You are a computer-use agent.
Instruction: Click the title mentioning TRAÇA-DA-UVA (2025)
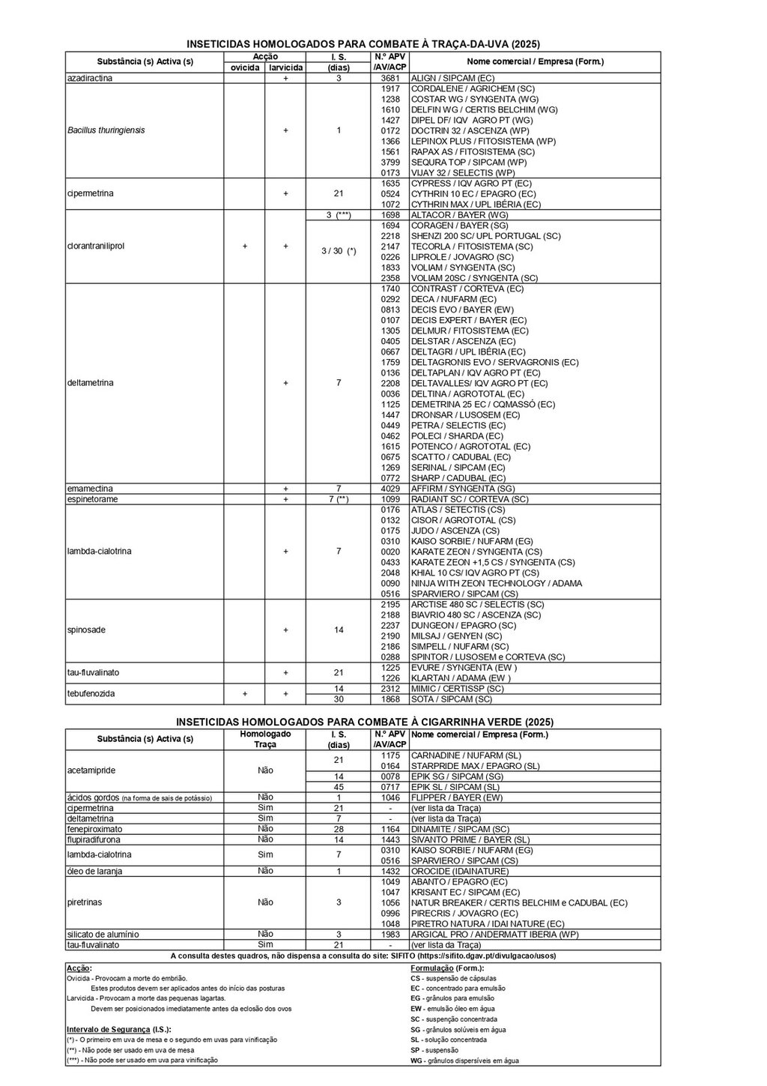point(363,44)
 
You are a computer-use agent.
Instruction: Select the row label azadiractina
point(90,78)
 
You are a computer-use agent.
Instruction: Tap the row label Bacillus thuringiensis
point(106,130)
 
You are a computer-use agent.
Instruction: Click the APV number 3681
point(390,78)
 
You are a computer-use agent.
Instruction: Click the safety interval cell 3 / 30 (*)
point(339,251)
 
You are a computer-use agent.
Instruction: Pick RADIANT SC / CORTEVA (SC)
point(470,499)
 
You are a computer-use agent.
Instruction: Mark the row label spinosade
point(86,630)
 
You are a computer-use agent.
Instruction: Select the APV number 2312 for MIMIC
point(390,688)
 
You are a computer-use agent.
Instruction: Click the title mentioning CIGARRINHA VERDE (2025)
point(365,722)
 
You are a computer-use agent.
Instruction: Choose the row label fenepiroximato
point(94,829)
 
